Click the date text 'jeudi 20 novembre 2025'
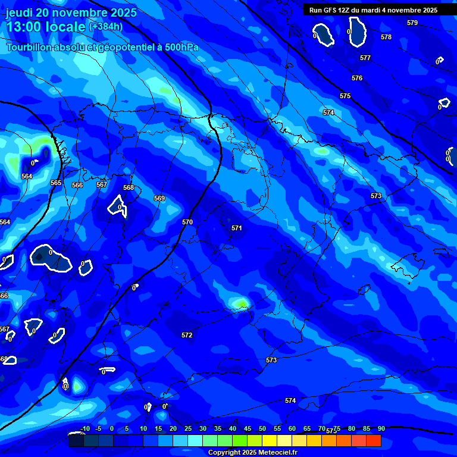(71, 12)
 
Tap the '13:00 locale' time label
(46, 27)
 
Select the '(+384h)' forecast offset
(106, 27)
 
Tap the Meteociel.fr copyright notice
(252, 453)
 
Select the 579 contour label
(412, 23)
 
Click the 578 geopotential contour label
(386, 37)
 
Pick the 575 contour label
(345, 96)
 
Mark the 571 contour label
(237, 228)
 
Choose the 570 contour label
(187, 222)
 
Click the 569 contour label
(159, 198)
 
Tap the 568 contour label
(129, 187)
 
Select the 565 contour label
(56, 183)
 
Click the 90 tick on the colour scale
(381, 428)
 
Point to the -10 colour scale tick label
(85, 428)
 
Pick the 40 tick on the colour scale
(248, 428)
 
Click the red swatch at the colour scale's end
(374, 441)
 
